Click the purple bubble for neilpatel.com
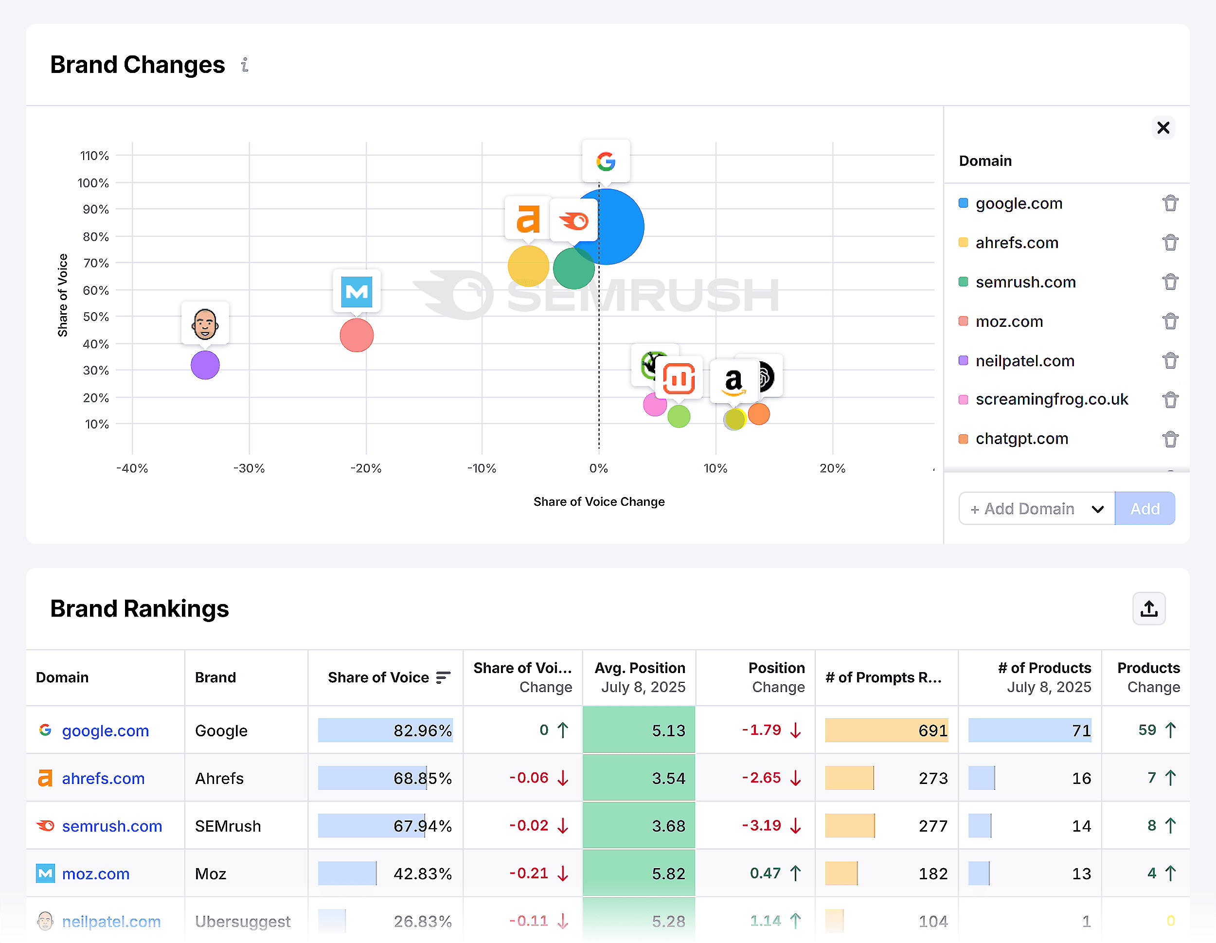pos(205,365)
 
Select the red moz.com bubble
pos(357,335)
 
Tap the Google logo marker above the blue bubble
pos(606,161)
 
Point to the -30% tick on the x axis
pos(249,468)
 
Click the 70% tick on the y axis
pos(96,263)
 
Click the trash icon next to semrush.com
pos(1170,282)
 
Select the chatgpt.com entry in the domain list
pos(1022,439)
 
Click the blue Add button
pos(1144,508)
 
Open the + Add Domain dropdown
pos(1036,508)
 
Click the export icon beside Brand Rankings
pos(1148,608)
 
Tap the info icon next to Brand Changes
pos(245,65)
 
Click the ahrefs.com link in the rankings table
pos(103,778)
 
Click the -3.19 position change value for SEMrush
pos(761,825)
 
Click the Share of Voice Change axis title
pos(599,501)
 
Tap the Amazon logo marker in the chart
pos(734,381)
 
